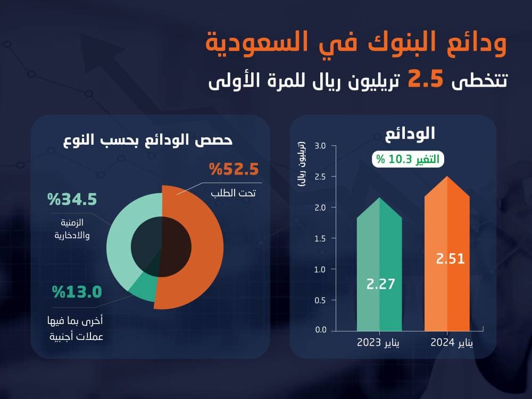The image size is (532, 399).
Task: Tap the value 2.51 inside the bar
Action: click(450, 259)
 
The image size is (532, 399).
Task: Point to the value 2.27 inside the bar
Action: click(380, 284)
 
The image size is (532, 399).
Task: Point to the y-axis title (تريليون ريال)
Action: click(302, 164)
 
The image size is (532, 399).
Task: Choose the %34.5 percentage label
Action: click(72, 200)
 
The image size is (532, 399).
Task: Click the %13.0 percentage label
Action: click(77, 292)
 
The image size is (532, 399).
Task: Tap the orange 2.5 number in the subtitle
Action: click(426, 80)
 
